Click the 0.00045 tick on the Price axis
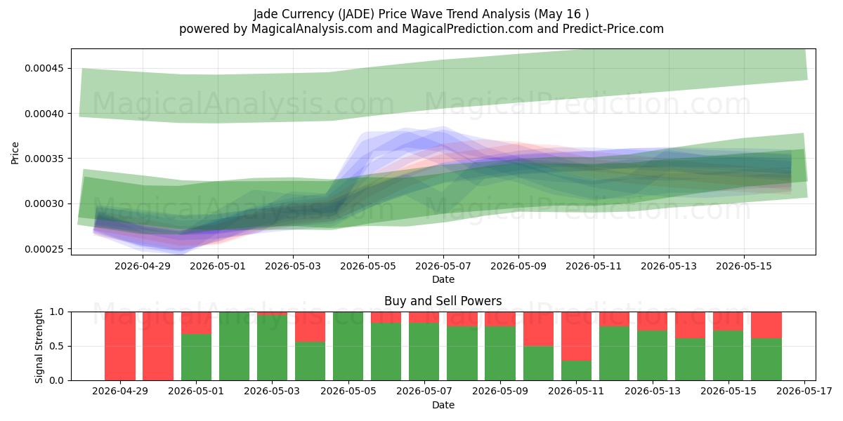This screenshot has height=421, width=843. [x=44, y=69]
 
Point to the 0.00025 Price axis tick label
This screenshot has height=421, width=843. [x=44, y=249]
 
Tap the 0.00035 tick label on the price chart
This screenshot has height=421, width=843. [x=44, y=159]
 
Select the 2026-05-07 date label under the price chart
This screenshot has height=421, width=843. [x=443, y=266]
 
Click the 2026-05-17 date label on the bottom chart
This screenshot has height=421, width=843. [x=804, y=391]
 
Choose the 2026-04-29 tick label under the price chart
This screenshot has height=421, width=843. [x=143, y=266]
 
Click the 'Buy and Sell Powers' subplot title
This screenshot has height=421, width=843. [x=443, y=301]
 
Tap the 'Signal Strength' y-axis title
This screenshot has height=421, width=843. [x=39, y=346]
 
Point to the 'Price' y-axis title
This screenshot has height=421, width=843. [x=15, y=153]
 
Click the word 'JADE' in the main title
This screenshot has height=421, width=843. [x=356, y=14]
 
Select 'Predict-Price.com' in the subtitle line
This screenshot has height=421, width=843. [x=613, y=29]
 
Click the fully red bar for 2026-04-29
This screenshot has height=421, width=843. [x=120, y=346]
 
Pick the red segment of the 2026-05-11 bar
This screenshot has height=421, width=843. [x=576, y=336]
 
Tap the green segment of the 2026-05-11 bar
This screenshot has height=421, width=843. [x=576, y=370]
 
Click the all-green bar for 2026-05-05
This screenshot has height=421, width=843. [x=348, y=346]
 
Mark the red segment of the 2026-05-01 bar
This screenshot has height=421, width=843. [x=196, y=323]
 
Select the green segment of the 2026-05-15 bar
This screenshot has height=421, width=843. [x=728, y=356]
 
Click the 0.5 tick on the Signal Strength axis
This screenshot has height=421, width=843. [x=57, y=346]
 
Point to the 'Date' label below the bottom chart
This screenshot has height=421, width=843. [x=443, y=405]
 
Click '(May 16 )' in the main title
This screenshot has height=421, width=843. [x=561, y=14]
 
